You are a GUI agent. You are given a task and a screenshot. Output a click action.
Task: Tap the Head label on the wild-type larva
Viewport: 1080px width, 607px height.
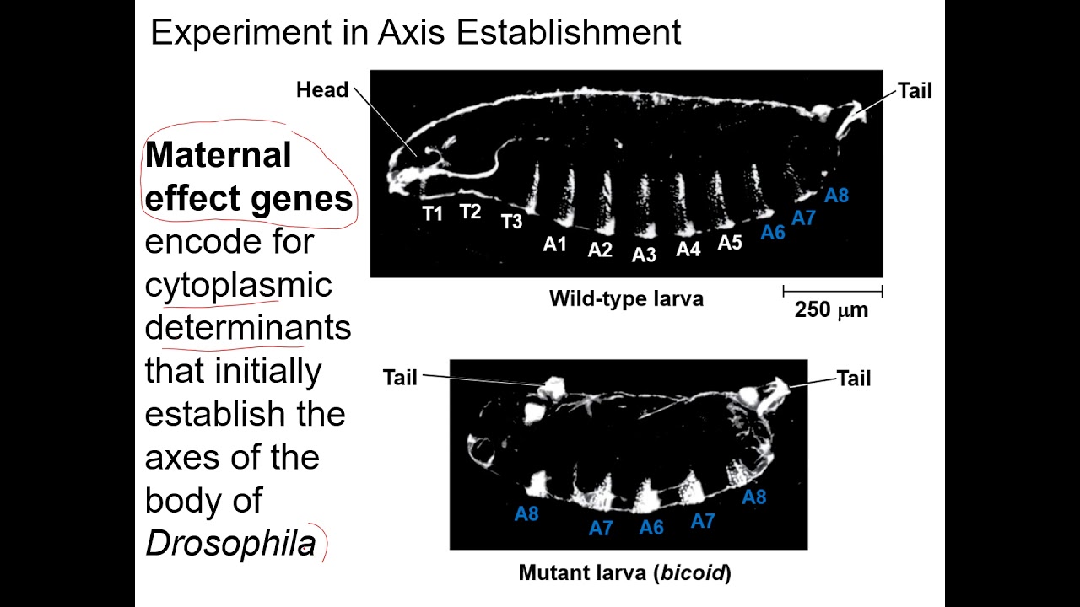pyautogui.click(x=322, y=90)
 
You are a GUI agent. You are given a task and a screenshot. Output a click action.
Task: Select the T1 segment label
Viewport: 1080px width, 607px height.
pyautogui.click(x=433, y=213)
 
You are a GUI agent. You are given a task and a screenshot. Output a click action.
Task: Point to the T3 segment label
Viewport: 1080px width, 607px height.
pyautogui.click(x=512, y=222)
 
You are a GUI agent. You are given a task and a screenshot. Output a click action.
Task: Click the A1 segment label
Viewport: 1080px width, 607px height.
pyautogui.click(x=554, y=244)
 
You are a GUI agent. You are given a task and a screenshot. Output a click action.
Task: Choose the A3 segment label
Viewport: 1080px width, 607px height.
pyautogui.click(x=644, y=255)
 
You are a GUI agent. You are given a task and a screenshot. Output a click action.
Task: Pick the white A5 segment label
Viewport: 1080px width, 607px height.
pyautogui.click(x=730, y=243)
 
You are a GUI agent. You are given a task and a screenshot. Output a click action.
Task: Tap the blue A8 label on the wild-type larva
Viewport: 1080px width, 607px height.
pyautogui.click(x=836, y=196)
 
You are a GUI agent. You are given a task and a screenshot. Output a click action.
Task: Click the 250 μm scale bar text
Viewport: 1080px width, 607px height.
pyautogui.click(x=831, y=310)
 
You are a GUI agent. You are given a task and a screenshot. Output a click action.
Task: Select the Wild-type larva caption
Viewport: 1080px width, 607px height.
pyautogui.click(x=626, y=298)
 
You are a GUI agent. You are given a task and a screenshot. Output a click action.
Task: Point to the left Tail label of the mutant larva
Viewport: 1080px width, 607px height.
pyautogui.click(x=400, y=378)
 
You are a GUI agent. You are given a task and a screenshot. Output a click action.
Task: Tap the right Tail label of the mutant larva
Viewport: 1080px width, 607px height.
pyautogui.click(x=854, y=379)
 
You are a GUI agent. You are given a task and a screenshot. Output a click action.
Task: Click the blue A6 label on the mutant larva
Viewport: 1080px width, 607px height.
pyautogui.click(x=651, y=528)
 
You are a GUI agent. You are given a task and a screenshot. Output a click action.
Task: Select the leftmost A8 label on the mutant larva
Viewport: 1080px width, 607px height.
pyautogui.click(x=526, y=513)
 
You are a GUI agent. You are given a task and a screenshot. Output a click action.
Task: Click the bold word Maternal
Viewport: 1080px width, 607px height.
pyautogui.click(x=219, y=155)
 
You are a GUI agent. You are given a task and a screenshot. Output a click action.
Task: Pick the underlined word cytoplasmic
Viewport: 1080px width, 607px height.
pyautogui.click(x=239, y=285)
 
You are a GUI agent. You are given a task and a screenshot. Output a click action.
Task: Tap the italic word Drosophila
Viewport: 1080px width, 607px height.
pyautogui.click(x=230, y=544)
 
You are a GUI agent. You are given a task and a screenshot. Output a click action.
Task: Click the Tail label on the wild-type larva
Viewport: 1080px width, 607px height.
pyautogui.click(x=915, y=91)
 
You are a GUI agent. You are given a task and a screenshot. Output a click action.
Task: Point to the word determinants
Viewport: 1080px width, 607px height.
pyautogui.click(x=248, y=327)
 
